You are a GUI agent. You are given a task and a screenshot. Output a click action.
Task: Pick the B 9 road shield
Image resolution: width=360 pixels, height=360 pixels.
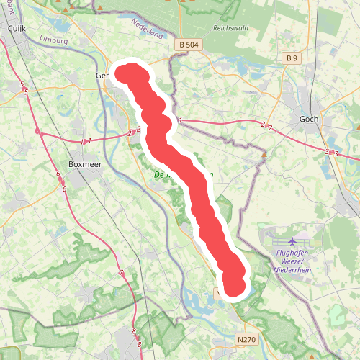point(291,58)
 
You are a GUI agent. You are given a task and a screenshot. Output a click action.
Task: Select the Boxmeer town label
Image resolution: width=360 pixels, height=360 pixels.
point(86,163)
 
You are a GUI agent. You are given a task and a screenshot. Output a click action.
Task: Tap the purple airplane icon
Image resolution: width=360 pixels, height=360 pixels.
point(292,241)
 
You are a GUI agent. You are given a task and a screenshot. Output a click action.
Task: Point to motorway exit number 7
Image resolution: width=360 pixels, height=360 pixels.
point(122,273)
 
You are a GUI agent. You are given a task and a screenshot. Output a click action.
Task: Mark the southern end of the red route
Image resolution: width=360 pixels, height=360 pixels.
point(235,286)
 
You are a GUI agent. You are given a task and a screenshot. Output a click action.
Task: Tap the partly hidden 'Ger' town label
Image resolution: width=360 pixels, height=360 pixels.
point(102,75)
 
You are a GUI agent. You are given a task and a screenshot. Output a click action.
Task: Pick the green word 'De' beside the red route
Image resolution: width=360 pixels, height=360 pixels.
point(159,175)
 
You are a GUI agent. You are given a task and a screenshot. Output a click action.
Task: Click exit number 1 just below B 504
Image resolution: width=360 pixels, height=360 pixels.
point(180,120)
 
